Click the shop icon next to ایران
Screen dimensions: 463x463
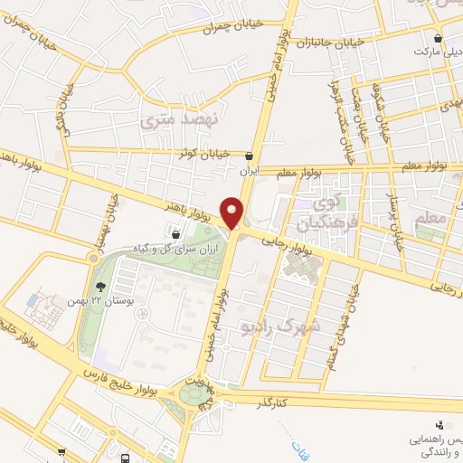click(249, 155)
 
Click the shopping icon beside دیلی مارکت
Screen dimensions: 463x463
click(439, 39)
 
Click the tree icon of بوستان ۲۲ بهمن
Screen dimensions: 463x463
click(112, 285)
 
